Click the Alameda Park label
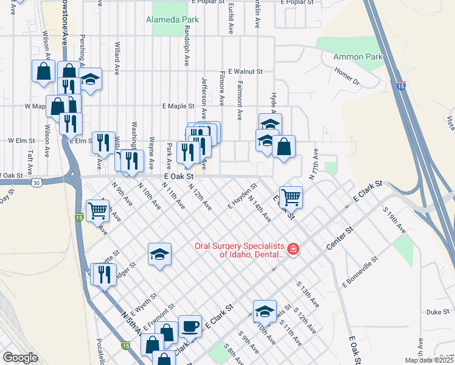click(x=173, y=19)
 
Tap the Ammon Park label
click(x=358, y=57)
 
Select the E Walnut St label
click(x=245, y=71)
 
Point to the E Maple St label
click(x=178, y=106)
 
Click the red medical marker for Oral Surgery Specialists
click(x=293, y=249)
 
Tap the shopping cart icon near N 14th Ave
click(x=291, y=196)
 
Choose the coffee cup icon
click(x=190, y=326)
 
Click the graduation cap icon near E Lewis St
click(x=265, y=311)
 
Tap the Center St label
click(x=340, y=238)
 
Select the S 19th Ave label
click(x=395, y=220)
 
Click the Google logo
click(x=20, y=358)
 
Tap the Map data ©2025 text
click(x=428, y=360)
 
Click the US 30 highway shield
click(x=37, y=182)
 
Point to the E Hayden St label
click(x=240, y=196)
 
